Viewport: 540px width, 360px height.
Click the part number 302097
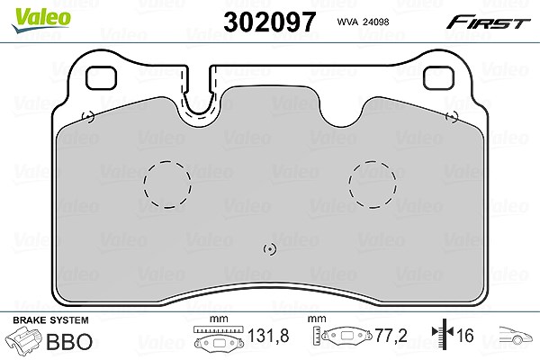tap(270, 22)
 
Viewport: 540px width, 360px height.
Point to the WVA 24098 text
tap(363, 22)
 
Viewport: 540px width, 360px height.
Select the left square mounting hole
tap(101, 78)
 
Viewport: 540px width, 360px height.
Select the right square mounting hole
tap(438, 78)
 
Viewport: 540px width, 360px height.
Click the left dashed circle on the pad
tap(167, 184)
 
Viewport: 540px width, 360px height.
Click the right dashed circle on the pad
tap(373, 184)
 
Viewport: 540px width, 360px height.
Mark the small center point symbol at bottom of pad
tap(270, 249)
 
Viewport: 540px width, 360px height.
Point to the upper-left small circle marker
tap(88, 117)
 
